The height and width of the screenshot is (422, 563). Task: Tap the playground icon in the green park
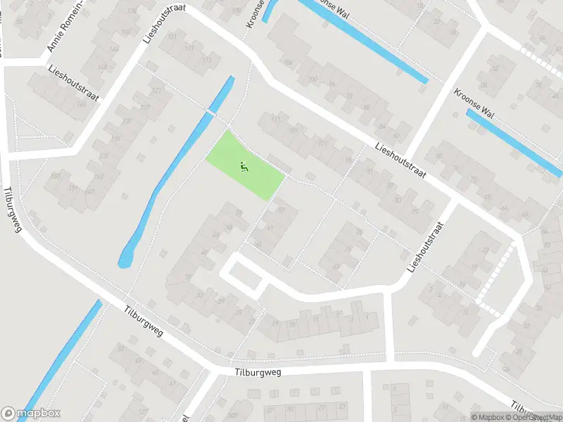click(x=243, y=167)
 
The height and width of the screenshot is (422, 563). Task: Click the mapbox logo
click(x=30, y=414)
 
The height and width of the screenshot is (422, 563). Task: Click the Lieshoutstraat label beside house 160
click(x=74, y=83)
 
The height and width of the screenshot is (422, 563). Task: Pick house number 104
click(x=289, y=63)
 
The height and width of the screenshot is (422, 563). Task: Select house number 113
click(x=207, y=60)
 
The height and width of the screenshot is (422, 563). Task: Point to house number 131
click(x=127, y=121)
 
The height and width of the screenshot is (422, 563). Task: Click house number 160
click(x=82, y=105)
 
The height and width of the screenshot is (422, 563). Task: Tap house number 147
click(x=89, y=192)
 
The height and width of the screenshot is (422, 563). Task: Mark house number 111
click(x=275, y=120)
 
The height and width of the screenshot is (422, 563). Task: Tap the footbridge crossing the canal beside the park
click(x=210, y=112)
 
